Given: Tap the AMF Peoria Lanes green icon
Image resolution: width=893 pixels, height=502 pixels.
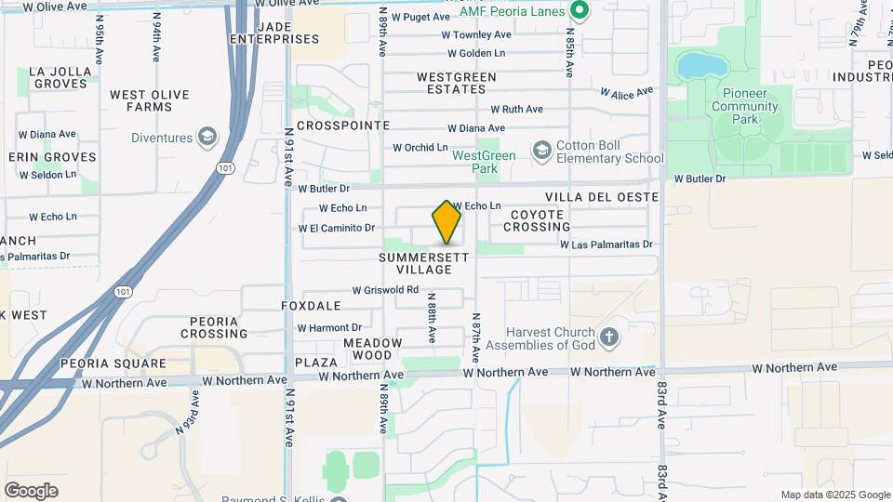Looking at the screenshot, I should click(x=579, y=11).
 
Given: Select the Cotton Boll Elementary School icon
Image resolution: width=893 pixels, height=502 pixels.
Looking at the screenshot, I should click(x=541, y=150).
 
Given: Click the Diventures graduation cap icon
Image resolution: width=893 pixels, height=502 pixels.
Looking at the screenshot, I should click(x=207, y=138).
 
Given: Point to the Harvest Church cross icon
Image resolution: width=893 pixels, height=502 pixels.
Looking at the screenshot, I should click(x=609, y=337).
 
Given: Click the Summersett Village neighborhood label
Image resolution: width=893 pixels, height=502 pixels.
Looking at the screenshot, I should click(x=416, y=262).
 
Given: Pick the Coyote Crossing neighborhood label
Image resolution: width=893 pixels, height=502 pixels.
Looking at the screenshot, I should click(x=538, y=220).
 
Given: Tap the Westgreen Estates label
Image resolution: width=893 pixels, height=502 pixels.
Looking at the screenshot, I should click(x=451, y=83).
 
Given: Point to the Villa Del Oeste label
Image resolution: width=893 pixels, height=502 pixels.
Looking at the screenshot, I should click(x=602, y=197).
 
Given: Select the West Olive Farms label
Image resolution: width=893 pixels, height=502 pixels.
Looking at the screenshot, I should click(x=149, y=100).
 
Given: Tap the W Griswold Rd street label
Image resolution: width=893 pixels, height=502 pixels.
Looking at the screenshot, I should click(x=385, y=290).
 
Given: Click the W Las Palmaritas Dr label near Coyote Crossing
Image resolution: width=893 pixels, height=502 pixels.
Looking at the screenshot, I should click(x=606, y=244).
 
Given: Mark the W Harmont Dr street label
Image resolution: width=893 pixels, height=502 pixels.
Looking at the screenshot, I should click(x=329, y=327).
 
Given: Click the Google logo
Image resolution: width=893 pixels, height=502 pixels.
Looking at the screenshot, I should click(x=31, y=490).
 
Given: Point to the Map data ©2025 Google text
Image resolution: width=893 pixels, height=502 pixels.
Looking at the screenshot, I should click(x=834, y=495).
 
